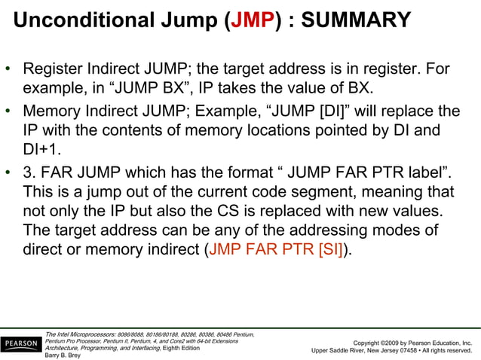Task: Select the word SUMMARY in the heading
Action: (357, 19)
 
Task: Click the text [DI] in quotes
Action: (330, 112)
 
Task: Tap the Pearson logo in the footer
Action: (20, 345)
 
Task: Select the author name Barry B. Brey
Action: (63, 355)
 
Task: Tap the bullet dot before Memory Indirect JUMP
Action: (8, 113)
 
